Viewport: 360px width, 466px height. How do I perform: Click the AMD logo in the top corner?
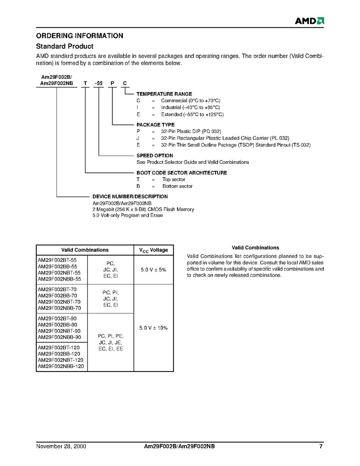pyautogui.click(x=309, y=21)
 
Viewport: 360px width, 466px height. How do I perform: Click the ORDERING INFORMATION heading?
pyautogui.click(x=80, y=36)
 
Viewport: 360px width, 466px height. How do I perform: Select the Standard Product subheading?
pyautogui.click(x=64, y=46)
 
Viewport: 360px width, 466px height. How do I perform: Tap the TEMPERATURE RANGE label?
pyautogui.click(x=164, y=94)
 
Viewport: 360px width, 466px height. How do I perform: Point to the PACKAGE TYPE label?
pyautogui.click(x=155, y=125)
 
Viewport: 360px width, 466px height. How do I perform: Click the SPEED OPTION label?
pyautogui.click(x=154, y=156)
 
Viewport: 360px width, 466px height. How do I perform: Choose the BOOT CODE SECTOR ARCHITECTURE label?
pyautogui.click(x=181, y=173)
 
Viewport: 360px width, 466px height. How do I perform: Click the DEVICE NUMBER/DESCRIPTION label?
pyautogui.click(x=130, y=197)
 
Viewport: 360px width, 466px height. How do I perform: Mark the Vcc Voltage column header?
pyautogui.click(x=154, y=250)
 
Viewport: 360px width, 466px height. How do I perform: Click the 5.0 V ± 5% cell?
pyautogui.click(x=154, y=270)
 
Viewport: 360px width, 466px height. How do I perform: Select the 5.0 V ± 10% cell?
pyautogui.click(x=154, y=328)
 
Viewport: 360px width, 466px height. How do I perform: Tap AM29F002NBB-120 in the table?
pyautogui.click(x=61, y=366)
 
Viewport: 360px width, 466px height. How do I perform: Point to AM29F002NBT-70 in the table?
pyautogui.click(x=59, y=302)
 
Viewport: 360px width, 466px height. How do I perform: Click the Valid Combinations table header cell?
pyautogui.click(x=85, y=250)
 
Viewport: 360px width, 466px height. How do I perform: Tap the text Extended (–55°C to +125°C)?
pyautogui.click(x=192, y=115)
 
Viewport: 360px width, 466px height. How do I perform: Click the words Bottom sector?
pyautogui.click(x=177, y=186)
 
